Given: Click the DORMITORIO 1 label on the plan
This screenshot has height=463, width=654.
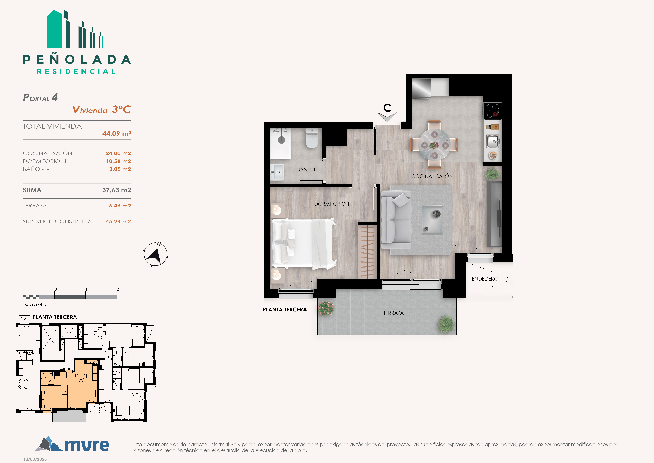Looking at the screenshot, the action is [332, 204].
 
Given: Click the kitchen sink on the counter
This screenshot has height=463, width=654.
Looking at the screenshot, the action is [493, 141].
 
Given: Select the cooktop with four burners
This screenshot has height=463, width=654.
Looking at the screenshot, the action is [493, 111].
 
